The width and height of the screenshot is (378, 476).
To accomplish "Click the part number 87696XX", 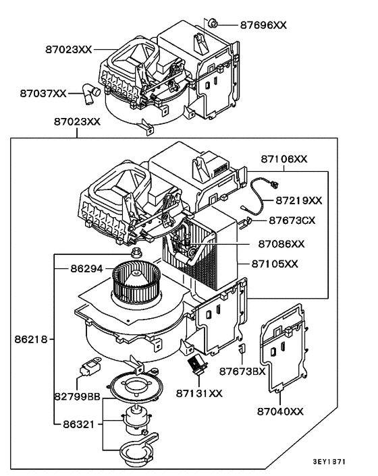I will [x=263, y=24].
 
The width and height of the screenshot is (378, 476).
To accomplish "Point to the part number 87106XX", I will [x=284, y=159].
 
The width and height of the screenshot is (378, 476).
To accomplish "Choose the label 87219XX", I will [x=298, y=200].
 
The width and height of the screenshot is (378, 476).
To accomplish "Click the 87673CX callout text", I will [x=292, y=220].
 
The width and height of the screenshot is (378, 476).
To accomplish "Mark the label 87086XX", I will [x=281, y=243].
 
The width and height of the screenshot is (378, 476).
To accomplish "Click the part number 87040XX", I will [x=279, y=411].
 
